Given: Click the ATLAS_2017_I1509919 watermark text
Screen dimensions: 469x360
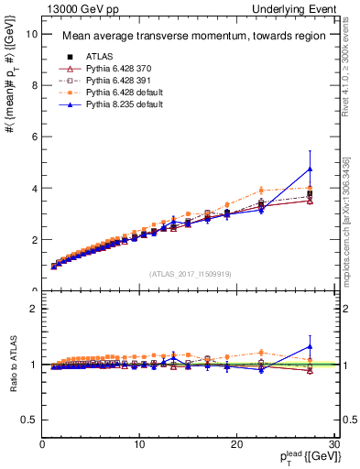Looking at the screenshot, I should click(x=190, y=272).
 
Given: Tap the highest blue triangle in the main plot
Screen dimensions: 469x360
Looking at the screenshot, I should click(x=311, y=169).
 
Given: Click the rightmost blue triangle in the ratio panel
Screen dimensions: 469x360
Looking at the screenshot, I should click(x=311, y=346).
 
